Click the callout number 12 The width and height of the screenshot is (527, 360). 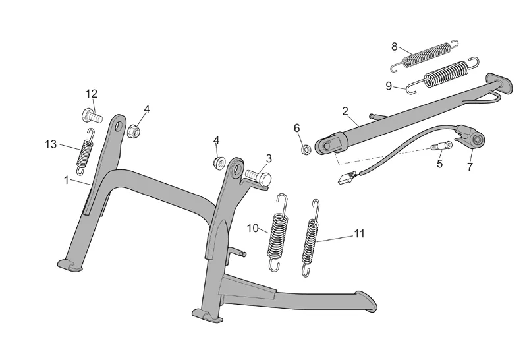click(x=91, y=93)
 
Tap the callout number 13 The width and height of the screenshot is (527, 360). click(x=50, y=144)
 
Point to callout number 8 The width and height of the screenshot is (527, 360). click(x=395, y=46)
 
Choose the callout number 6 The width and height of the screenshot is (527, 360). click(x=296, y=127)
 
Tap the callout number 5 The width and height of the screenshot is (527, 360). click(x=439, y=163)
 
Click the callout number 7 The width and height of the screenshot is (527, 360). click(x=470, y=167)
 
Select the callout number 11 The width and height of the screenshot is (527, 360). click(x=359, y=233)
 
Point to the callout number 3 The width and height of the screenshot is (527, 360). click(x=269, y=158)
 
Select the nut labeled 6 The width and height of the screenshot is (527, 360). click(x=306, y=150)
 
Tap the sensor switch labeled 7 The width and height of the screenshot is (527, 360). click(x=476, y=139)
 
